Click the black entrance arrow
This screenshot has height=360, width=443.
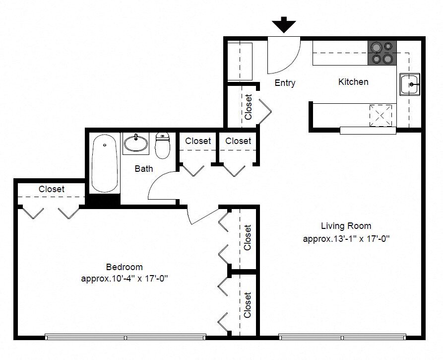(x=284, y=25)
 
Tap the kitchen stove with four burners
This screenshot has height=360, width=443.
(x=382, y=53)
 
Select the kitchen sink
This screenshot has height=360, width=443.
(x=410, y=84)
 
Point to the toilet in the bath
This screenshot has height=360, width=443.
(x=163, y=145)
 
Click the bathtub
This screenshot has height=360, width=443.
(x=105, y=163)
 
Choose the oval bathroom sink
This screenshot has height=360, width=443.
(x=136, y=144)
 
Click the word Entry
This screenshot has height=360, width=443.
(x=285, y=83)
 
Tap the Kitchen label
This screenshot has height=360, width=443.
(x=353, y=82)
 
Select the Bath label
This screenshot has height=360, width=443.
(x=144, y=169)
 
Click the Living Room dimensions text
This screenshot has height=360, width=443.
(x=346, y=239)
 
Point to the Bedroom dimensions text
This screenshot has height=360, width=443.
(x=125, y=279)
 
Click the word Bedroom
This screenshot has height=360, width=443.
(x=125, y=267)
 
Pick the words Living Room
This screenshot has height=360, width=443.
(x=346, y=226)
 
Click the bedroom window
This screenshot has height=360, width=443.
(x=126, y=337)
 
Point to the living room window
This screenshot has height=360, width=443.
(x=342, y=337)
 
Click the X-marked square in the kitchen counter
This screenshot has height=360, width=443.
(x=380, y=115)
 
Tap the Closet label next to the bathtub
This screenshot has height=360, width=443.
(x=52, y=189)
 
